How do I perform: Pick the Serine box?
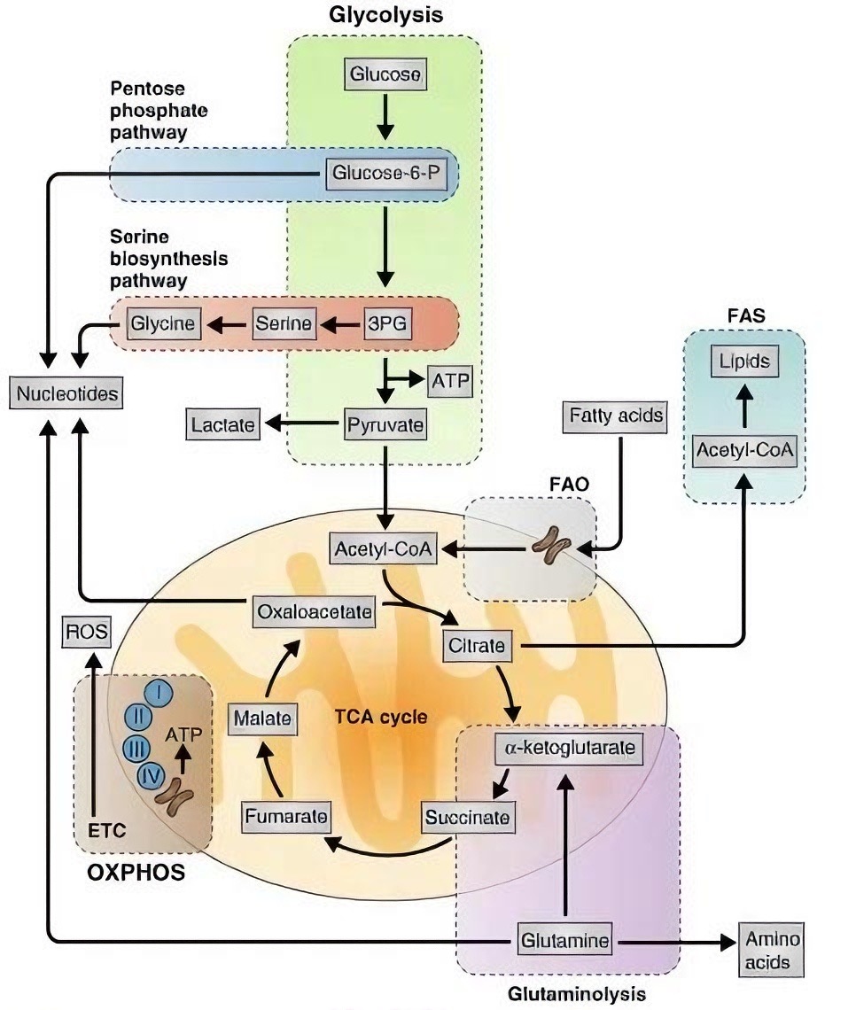(284, 324)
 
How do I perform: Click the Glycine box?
(164, 324)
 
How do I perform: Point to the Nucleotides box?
(66, 392)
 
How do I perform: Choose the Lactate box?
(222, 425)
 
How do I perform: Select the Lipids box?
(744, 361)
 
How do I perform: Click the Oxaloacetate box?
(314, 610)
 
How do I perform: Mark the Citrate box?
(477, 647)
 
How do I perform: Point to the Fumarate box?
(287, 816)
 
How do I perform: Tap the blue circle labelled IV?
(151, 776)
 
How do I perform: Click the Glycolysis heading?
(385, 14)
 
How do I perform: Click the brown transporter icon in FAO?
(552, 547)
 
